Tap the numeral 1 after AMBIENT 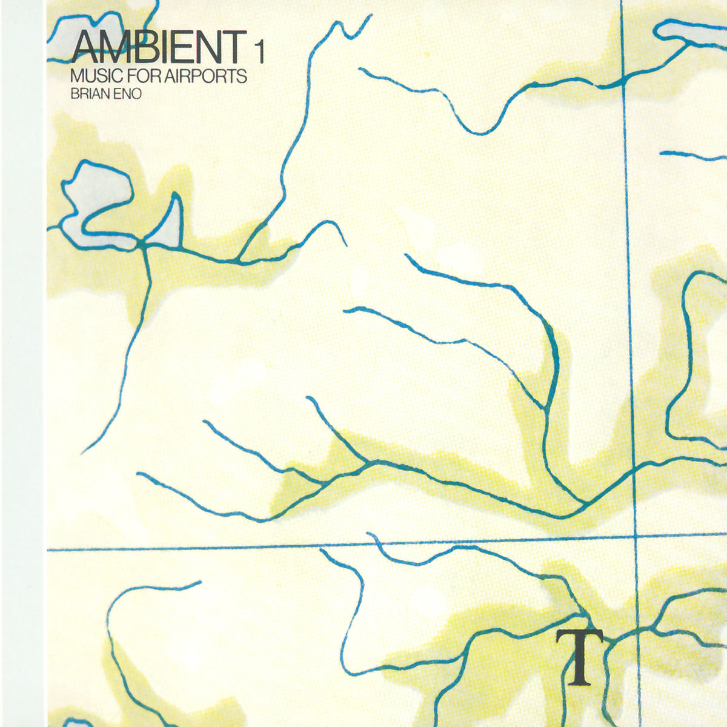(x=259, y=53)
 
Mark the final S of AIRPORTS (x=242, y=77)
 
